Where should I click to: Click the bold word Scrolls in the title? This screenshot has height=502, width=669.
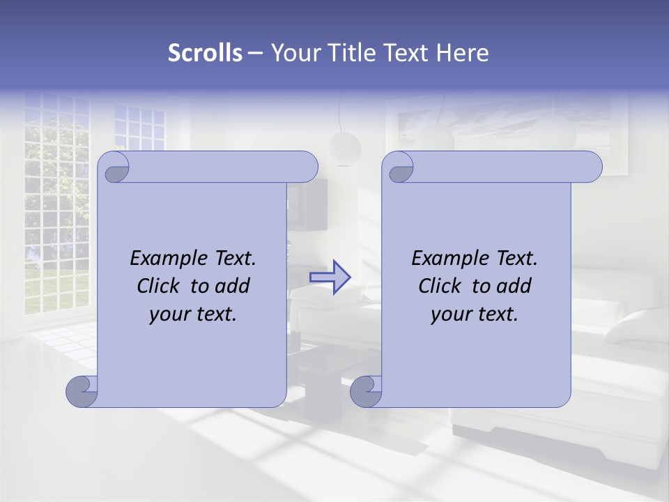206,53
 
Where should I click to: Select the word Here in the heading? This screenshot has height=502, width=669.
462,53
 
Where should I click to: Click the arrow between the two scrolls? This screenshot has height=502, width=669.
330,277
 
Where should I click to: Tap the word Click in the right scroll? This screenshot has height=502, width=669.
439,286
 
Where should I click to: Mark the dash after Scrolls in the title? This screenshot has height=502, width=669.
255,53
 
